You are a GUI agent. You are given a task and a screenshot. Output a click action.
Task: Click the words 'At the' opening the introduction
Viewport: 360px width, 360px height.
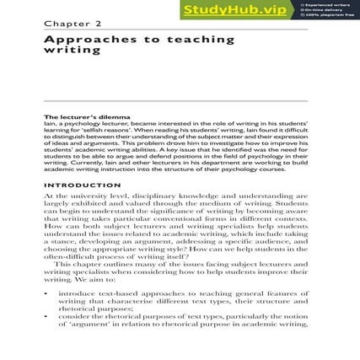coord(53,195)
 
